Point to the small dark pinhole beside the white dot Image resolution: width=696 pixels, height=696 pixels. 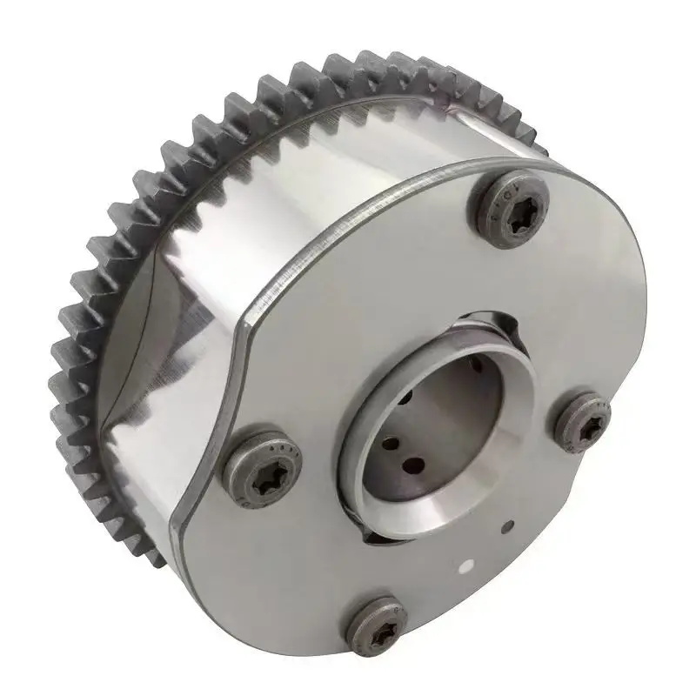click(509, 525)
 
